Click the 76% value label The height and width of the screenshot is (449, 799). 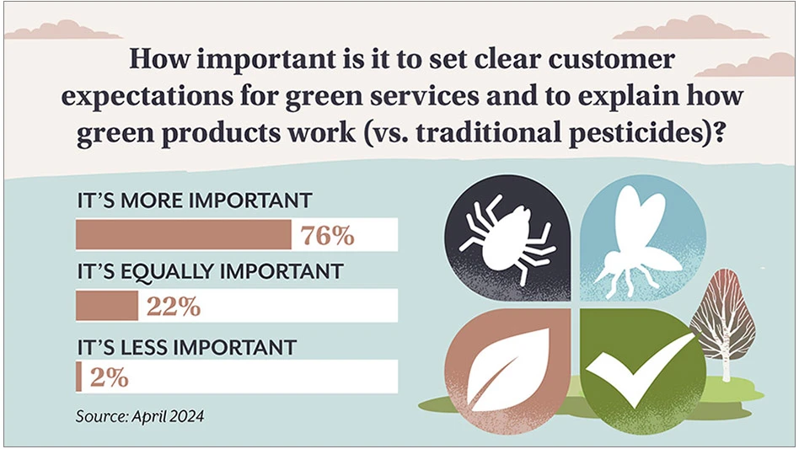327,235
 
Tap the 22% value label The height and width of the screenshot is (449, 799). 174,307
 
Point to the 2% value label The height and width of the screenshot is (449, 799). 109,377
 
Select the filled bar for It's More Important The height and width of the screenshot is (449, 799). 184,235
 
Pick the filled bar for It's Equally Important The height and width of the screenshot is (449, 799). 107,306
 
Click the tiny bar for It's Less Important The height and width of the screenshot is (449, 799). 78,377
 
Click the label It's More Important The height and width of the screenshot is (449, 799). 195,200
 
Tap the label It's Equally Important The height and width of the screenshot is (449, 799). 211,272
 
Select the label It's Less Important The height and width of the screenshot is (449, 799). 186,347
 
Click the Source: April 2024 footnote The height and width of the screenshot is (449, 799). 140,416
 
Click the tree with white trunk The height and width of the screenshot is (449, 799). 724,326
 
